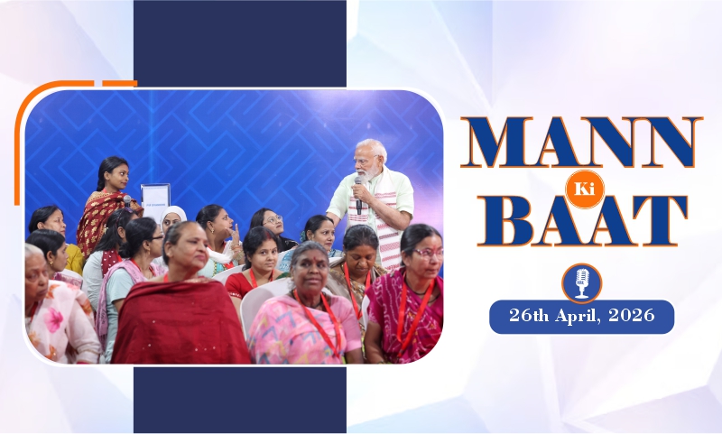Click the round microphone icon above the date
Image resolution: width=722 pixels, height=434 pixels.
pyautogui.click(x=581, y=282)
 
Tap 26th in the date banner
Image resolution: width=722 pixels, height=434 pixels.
pyautogui.click(x=530, y=318)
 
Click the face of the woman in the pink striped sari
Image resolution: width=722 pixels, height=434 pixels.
pyautogui.click(x=309, y=267)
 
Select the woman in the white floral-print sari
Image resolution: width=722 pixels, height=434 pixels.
pyautogui.click(x=54, y=311)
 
